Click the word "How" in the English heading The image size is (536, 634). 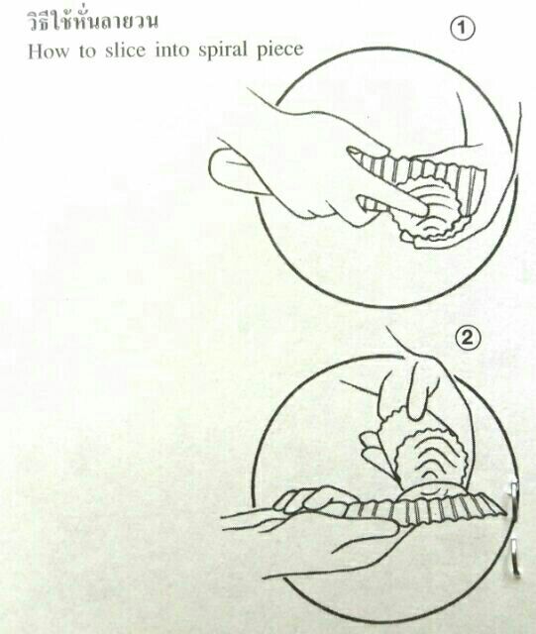(x=49, y=52)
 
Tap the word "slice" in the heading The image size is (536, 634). (x=125, y=51)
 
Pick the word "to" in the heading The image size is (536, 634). (x=87, y=52)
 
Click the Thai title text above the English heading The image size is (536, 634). (x=92, y=22)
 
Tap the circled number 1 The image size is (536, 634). (x=463, y=29)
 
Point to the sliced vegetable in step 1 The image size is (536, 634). (x=429, y=214)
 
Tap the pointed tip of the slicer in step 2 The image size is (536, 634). (x=505, y=513)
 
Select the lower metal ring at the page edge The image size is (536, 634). (x=514, y=557)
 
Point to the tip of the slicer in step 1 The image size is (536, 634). (x=351, y=150)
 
